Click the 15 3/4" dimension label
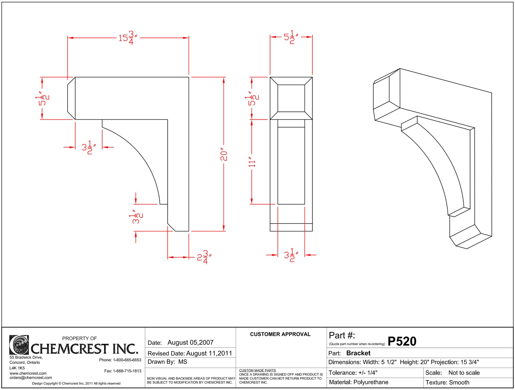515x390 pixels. (x=128, y=38)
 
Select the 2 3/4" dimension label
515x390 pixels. (x=204, y=257)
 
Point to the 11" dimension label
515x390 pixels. (x=252, y=164)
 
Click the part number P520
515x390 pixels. (x=402, y=341)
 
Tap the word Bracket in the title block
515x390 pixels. (x=358, y=353)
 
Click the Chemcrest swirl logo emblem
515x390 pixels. (x=19, y=345)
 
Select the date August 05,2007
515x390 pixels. (x=191, y=343)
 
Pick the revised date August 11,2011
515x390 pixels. (x=209, y=353)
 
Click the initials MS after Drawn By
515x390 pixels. (x=183, y=362)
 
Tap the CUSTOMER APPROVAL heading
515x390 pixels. (x=280, y=334)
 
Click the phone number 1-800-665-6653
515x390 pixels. (x=127, y=360)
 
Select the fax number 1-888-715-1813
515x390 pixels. (x=127, y=371)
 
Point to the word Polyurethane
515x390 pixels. (x=371, y=382)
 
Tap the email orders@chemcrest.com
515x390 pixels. (x=31, y=378)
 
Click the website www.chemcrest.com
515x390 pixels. (x=28, y=373)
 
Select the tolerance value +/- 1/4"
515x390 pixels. (x=368, y=373)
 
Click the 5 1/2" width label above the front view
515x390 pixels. (x=291, y=37)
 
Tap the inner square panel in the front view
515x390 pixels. (x=291, y=98)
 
